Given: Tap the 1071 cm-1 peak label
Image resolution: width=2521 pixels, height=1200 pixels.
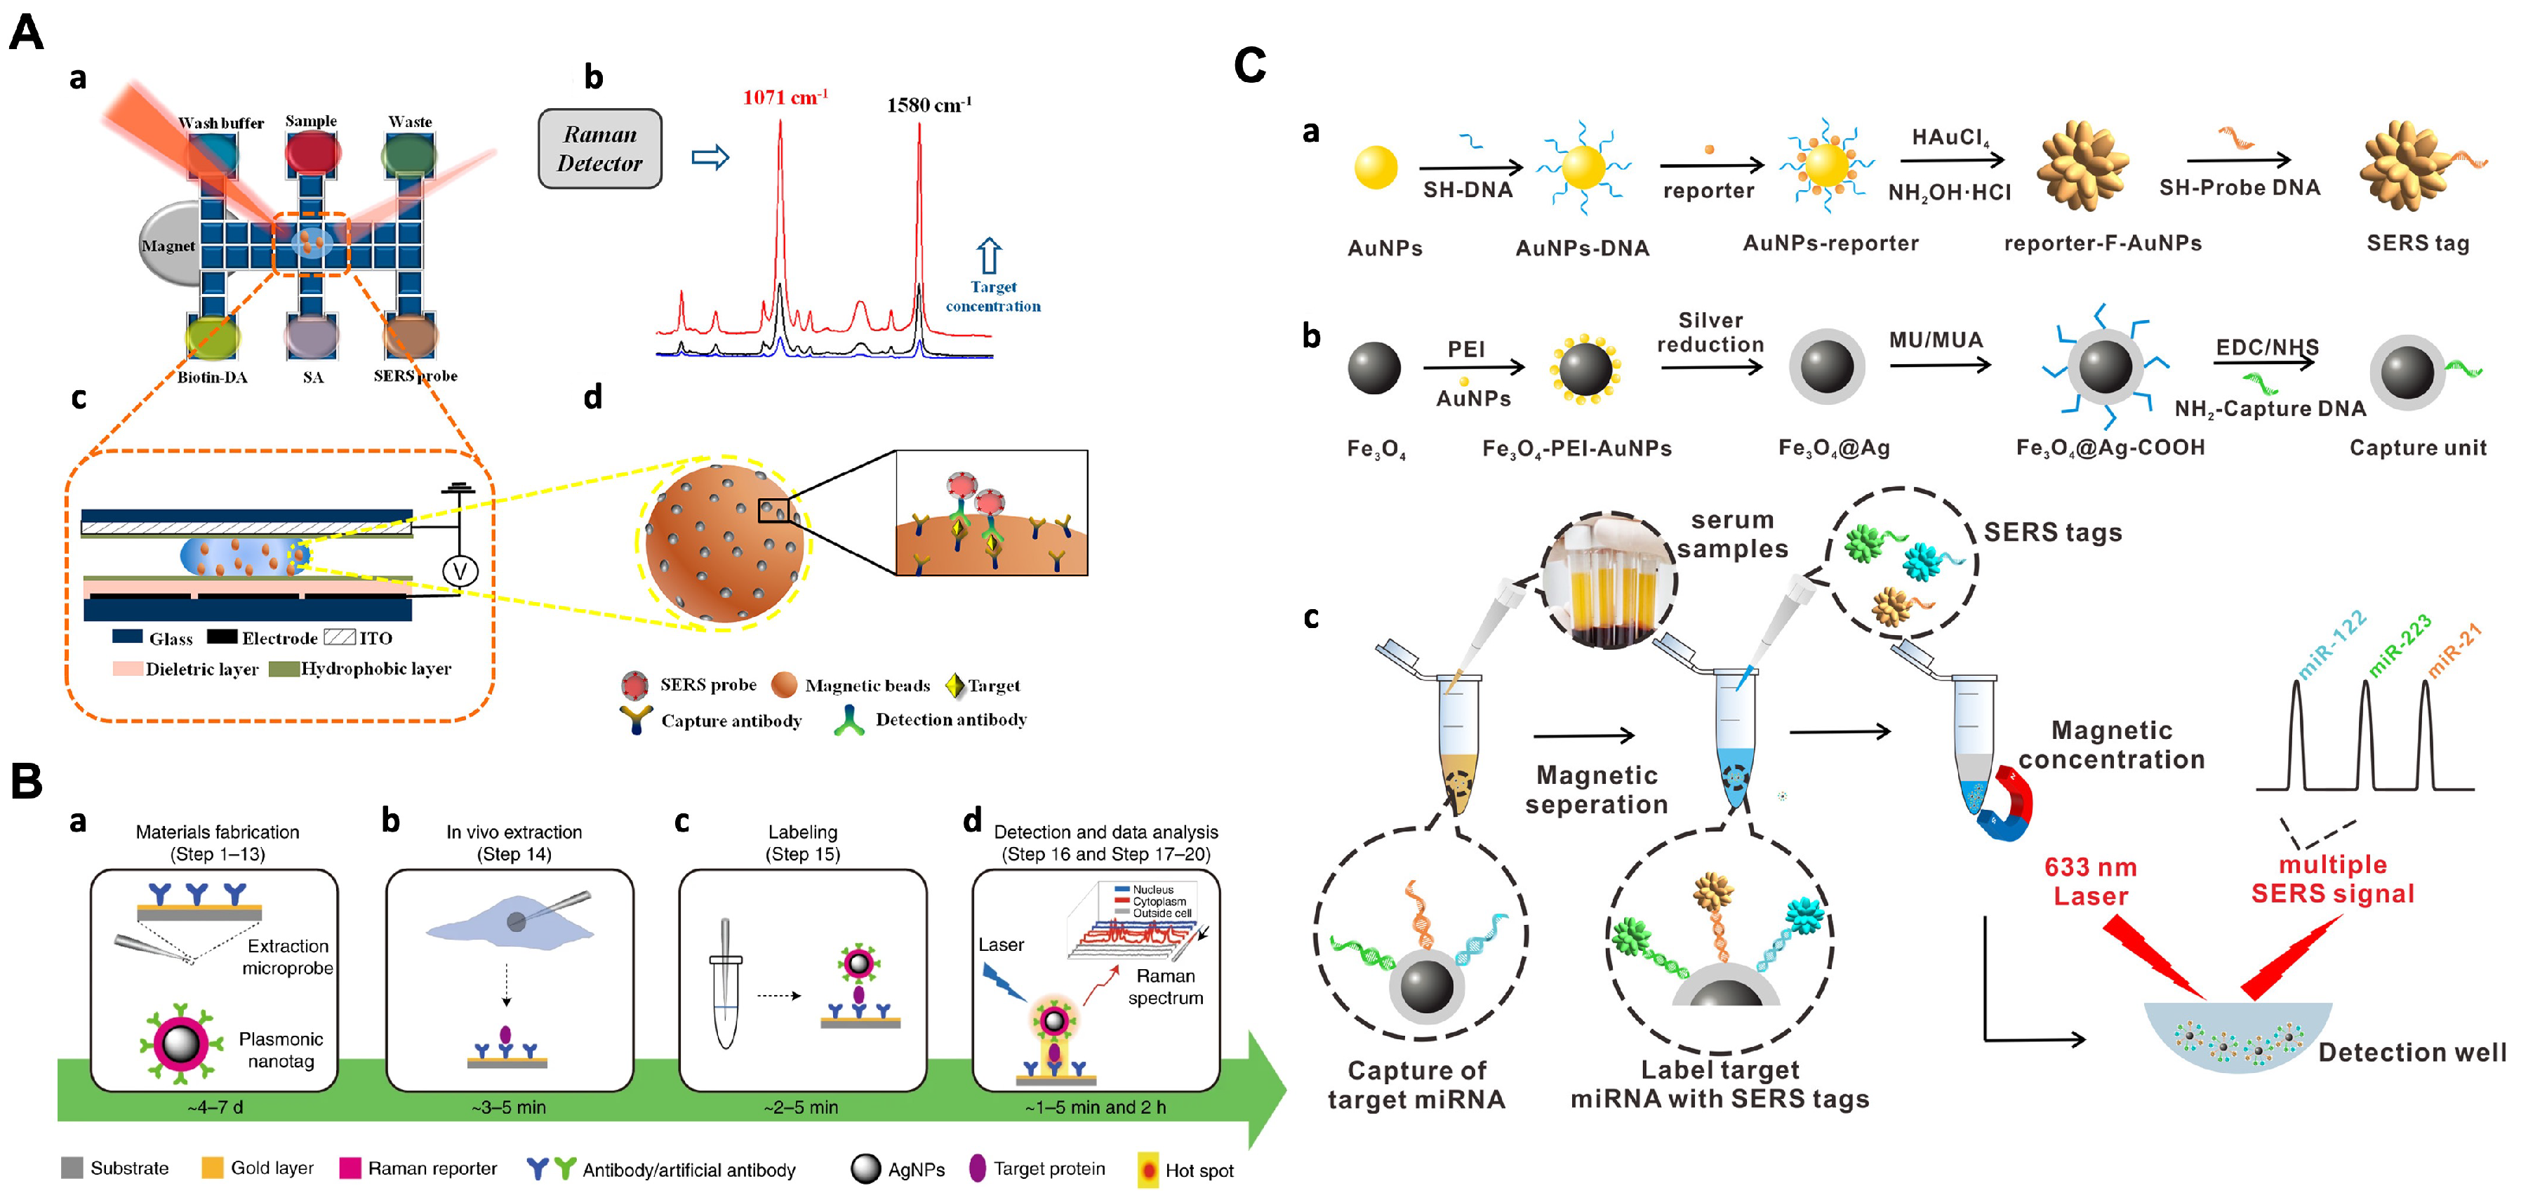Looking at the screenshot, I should pos(784,97).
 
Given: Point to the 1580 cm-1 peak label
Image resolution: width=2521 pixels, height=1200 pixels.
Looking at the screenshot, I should pos(929,105).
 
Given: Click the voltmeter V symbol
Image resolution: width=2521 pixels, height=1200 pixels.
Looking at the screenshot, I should pos(460,571).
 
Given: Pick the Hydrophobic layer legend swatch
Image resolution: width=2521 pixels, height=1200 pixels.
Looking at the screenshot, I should pos(283,669).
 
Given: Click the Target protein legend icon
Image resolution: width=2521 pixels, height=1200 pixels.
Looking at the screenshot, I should pos(977,1168).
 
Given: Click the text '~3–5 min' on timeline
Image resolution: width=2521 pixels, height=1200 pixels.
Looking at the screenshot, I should pos(508,1107).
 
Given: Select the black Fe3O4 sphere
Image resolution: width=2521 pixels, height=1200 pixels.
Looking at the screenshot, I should pos(1374,368).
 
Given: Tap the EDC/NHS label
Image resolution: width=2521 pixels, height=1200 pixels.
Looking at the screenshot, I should pos(2266,347).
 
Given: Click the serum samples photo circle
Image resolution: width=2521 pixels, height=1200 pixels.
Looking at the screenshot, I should pos(1608,580).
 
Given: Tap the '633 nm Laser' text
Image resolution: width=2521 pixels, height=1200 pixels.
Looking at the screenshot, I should pos(2090,881).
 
